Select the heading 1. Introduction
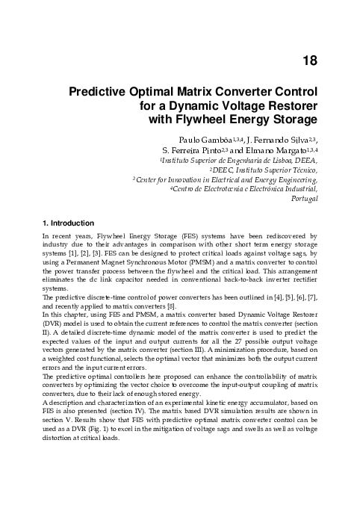pos(68,223)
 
